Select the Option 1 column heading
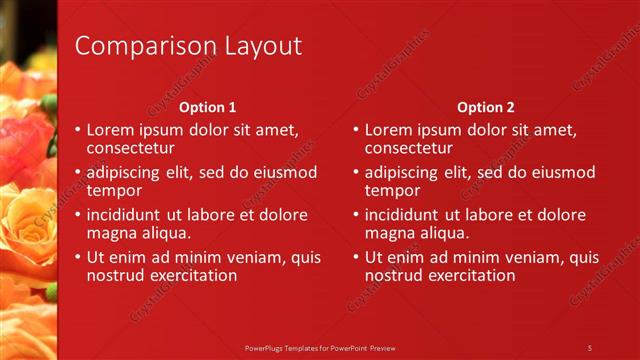pyautogui.click(x=207, y=107)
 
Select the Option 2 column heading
pyautogui.click(x=485, y=107)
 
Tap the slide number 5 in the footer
pyautogui.click(x=590, y=347)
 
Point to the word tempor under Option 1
pyautogui.click(x=114, y=190)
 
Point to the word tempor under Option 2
pyautogui.click(x=392, y=190)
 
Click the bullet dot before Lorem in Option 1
pyautogui.click(x=78, y=130)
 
